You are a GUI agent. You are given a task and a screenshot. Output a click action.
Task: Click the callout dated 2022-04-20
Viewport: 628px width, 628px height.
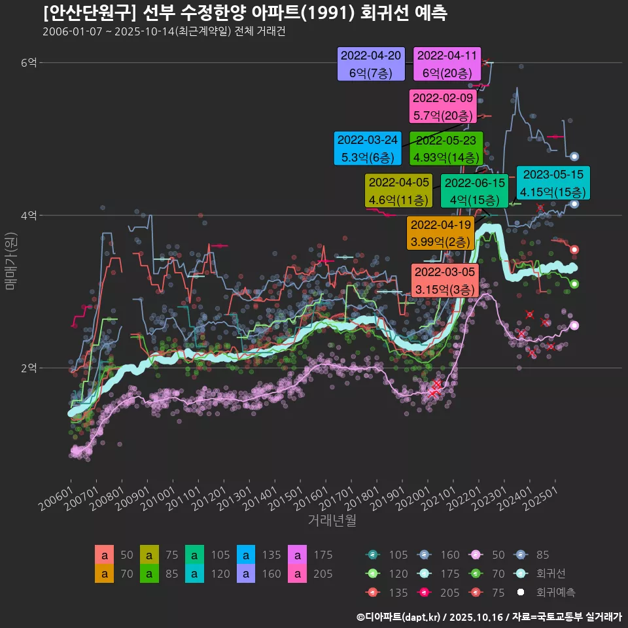[371, 65]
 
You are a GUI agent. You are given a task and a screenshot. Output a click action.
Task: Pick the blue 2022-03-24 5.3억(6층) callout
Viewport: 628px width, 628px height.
[367, 148]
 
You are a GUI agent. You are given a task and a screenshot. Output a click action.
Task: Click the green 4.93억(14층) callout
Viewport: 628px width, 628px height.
[446, 148]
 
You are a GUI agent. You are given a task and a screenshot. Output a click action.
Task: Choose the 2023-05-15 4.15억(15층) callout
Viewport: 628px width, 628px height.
[553, 183]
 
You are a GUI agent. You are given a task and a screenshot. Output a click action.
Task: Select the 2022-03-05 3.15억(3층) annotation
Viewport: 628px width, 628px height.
[444, 280]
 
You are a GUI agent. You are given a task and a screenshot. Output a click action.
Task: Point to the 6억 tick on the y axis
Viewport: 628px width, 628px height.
[29, 63]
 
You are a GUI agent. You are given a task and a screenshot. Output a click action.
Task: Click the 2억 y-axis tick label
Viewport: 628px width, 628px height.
[29, 368]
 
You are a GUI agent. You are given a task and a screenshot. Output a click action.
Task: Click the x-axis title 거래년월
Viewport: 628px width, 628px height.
[332, 521]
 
